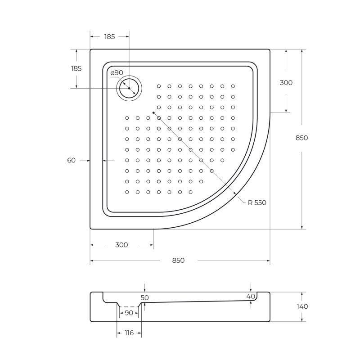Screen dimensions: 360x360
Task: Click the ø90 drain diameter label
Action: click(117, 72)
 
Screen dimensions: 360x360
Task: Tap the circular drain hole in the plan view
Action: click(129, 88)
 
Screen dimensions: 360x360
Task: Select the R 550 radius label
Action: click(257, 202)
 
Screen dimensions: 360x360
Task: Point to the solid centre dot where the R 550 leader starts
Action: click(153, 112)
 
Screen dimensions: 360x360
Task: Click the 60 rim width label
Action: click(71, 160)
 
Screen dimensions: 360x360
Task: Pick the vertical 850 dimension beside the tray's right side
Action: click(301, 138)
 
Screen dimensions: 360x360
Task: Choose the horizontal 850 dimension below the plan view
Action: click(178, 261)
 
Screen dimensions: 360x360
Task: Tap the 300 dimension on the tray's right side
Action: click(286, 82)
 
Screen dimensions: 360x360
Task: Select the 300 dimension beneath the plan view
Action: click(121, 245)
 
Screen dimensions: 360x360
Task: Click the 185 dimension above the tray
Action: click(109, 37)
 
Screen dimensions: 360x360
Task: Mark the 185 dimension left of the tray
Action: click(76, 68)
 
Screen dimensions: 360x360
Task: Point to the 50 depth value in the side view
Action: click(144, 297)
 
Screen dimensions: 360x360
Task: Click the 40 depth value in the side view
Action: click(251, 296)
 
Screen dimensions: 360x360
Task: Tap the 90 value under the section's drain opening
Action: click(129, 313)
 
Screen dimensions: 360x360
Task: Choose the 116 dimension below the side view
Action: click(129, 333)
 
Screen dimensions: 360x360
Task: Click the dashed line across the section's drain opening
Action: click(129, 306)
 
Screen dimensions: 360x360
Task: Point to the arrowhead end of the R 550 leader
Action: click(237, 194)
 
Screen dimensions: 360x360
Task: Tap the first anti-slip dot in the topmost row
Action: click(159, 86)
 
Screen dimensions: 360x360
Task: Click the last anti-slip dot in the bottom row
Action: click(191, 192)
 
